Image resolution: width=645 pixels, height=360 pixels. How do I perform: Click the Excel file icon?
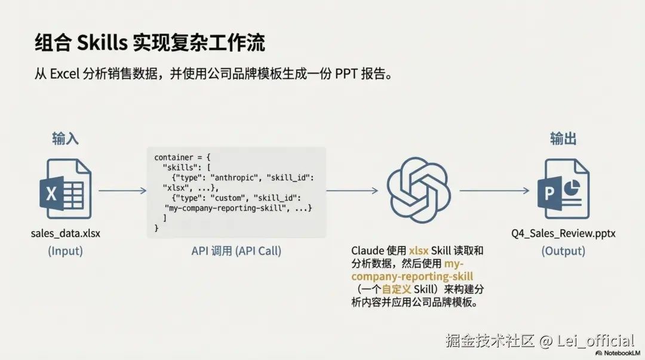66,189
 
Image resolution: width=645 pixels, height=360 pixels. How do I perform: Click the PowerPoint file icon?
563,189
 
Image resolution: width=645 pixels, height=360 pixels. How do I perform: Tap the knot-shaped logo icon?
419,190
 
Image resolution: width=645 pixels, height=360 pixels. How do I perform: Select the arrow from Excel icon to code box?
122,190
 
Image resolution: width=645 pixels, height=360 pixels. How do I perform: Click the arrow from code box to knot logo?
352,190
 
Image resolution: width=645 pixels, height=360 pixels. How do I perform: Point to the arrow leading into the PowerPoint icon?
494,190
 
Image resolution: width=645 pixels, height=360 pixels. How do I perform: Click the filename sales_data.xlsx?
66,233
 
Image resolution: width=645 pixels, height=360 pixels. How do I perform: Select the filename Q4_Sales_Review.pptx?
563,233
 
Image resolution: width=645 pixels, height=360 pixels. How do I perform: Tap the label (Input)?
66,251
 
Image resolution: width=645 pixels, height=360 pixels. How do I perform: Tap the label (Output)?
563,251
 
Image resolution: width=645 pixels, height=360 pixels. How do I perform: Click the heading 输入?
66,139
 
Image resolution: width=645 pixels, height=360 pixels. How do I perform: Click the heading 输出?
563,139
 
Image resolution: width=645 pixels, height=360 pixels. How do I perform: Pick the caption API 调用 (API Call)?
236,251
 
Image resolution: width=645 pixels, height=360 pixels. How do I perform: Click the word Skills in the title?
102,43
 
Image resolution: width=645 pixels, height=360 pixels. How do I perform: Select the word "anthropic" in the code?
235,178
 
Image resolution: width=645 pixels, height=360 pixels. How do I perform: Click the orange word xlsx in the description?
419,251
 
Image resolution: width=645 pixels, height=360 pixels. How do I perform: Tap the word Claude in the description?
367,251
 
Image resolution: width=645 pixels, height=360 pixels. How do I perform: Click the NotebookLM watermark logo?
618,353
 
